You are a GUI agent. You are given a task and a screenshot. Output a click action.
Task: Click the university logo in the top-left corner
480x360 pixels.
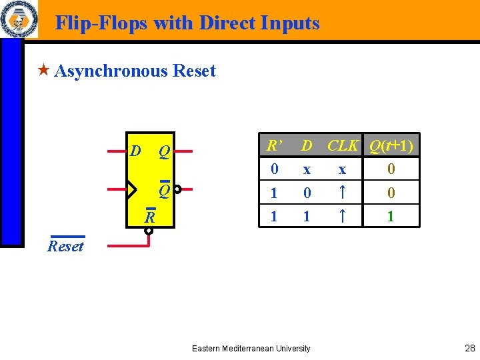19,19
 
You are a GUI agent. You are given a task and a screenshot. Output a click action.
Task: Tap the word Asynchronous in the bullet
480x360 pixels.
111,71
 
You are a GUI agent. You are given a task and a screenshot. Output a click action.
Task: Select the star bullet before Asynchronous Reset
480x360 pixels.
44,70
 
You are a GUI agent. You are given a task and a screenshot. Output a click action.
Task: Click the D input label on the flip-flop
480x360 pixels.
135,151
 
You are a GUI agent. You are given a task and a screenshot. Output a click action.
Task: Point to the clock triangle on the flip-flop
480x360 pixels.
131,190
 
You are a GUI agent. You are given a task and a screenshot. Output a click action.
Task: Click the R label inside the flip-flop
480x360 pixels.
151,217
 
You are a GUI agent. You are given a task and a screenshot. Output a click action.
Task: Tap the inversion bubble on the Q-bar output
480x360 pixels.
177,189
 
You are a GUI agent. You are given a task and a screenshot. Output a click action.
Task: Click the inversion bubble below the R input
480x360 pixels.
149,231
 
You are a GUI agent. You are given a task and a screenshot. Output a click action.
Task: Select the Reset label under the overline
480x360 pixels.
65,246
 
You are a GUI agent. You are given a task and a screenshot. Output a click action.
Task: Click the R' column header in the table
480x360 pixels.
273,145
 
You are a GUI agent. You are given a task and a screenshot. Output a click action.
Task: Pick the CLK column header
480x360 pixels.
343,145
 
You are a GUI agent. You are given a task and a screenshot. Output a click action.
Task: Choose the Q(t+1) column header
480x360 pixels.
391,145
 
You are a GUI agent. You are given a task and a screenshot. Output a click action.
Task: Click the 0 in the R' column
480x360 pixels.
274,169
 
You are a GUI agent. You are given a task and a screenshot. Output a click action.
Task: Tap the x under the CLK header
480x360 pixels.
342,169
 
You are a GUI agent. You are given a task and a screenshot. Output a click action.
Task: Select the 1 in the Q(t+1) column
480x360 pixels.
391,217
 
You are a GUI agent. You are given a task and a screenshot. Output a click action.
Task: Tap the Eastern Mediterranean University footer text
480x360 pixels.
251,349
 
